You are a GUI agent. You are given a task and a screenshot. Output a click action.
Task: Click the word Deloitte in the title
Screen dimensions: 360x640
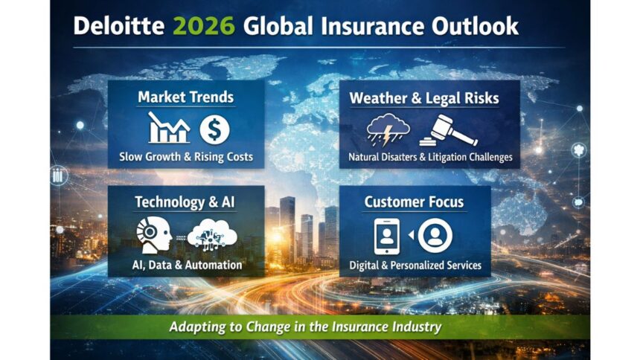(118, 26)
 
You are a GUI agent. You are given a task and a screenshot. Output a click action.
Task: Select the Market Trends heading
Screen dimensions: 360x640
(186, 97)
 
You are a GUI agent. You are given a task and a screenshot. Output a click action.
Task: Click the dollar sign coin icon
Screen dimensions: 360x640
(214, 129)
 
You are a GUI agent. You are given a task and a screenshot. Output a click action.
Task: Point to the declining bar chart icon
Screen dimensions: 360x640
(169, 129)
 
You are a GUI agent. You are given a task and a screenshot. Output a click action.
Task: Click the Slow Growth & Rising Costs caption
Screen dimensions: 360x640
(186, 157)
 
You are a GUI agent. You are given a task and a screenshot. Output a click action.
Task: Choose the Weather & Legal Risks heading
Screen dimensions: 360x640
(424, 98)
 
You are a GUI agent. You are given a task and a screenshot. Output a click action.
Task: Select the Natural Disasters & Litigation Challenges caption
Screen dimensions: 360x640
(430, 158)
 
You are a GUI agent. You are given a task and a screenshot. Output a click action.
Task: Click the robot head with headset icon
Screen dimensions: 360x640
(155, 234)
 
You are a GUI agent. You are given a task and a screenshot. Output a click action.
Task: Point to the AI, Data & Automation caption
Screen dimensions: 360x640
(187, 265)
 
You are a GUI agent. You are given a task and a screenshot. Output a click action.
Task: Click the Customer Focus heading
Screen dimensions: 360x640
(415, 202)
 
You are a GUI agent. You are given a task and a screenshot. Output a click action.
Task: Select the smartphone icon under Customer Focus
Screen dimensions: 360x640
(386, 236)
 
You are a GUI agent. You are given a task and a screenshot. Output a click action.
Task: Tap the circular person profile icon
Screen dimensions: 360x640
(435, 236)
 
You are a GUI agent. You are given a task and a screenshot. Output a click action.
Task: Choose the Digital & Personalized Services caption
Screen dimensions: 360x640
(415, 265)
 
